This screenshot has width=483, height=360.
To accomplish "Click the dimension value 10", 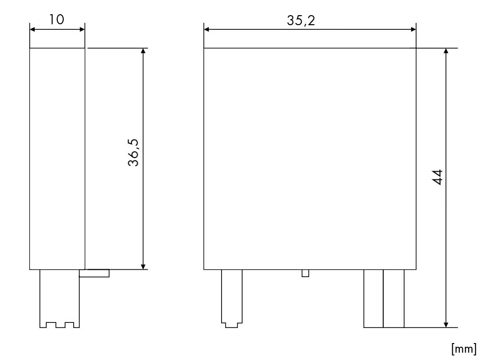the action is pos(57,19).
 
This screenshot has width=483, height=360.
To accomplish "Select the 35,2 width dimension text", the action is pos(301,20).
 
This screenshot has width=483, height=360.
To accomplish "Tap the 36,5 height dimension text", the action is pos(134,153).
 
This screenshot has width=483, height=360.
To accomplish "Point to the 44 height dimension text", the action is pos(438,177).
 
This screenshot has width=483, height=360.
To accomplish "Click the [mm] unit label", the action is pos(464,349).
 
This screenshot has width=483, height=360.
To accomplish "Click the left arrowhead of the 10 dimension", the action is pos(33,30).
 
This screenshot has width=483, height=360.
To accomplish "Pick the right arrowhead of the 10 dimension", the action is pos(82,30).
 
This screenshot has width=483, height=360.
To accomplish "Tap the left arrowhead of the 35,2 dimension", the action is pos(206,30).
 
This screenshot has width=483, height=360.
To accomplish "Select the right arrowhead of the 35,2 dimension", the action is pos(413,30).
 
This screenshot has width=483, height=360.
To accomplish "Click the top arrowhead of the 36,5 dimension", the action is pos(143,51).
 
